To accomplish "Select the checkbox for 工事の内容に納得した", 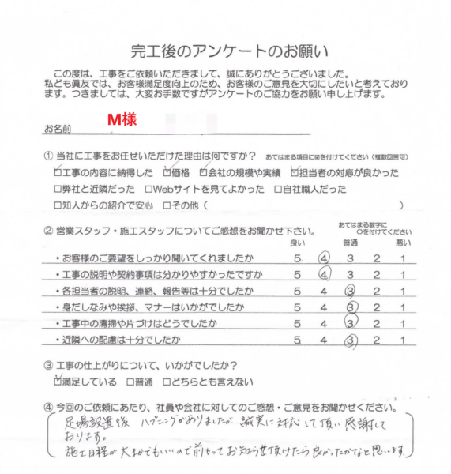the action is (x=57, y=172).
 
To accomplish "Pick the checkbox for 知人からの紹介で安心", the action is (x=57, y=206).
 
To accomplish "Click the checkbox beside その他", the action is (x=167, y=206).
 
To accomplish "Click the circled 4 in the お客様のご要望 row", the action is (x=324, y=258).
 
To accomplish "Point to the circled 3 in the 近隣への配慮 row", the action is (x=351, y=341).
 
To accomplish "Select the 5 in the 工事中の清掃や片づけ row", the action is (x=297, y=325).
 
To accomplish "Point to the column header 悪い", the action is (x=403, y=243).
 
